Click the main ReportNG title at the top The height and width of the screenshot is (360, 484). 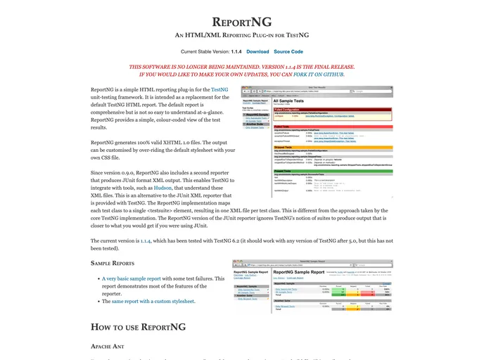[x=241, y=22]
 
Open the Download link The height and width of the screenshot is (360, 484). [x=257, y=51]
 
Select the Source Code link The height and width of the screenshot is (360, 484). [x=288, y=51]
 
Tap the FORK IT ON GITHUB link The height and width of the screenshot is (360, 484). [x=323, y=74]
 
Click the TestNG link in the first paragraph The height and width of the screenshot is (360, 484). [x=219, y=90]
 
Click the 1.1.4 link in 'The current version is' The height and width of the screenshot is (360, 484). [x=146, y=240]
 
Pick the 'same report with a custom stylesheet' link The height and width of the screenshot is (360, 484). [x=153, y=301]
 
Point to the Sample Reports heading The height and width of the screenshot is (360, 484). [x=113, y=263]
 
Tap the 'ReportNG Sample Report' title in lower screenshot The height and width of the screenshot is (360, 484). [x=298, y=271]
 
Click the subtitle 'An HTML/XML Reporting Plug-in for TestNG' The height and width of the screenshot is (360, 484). [x=241, y=34]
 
